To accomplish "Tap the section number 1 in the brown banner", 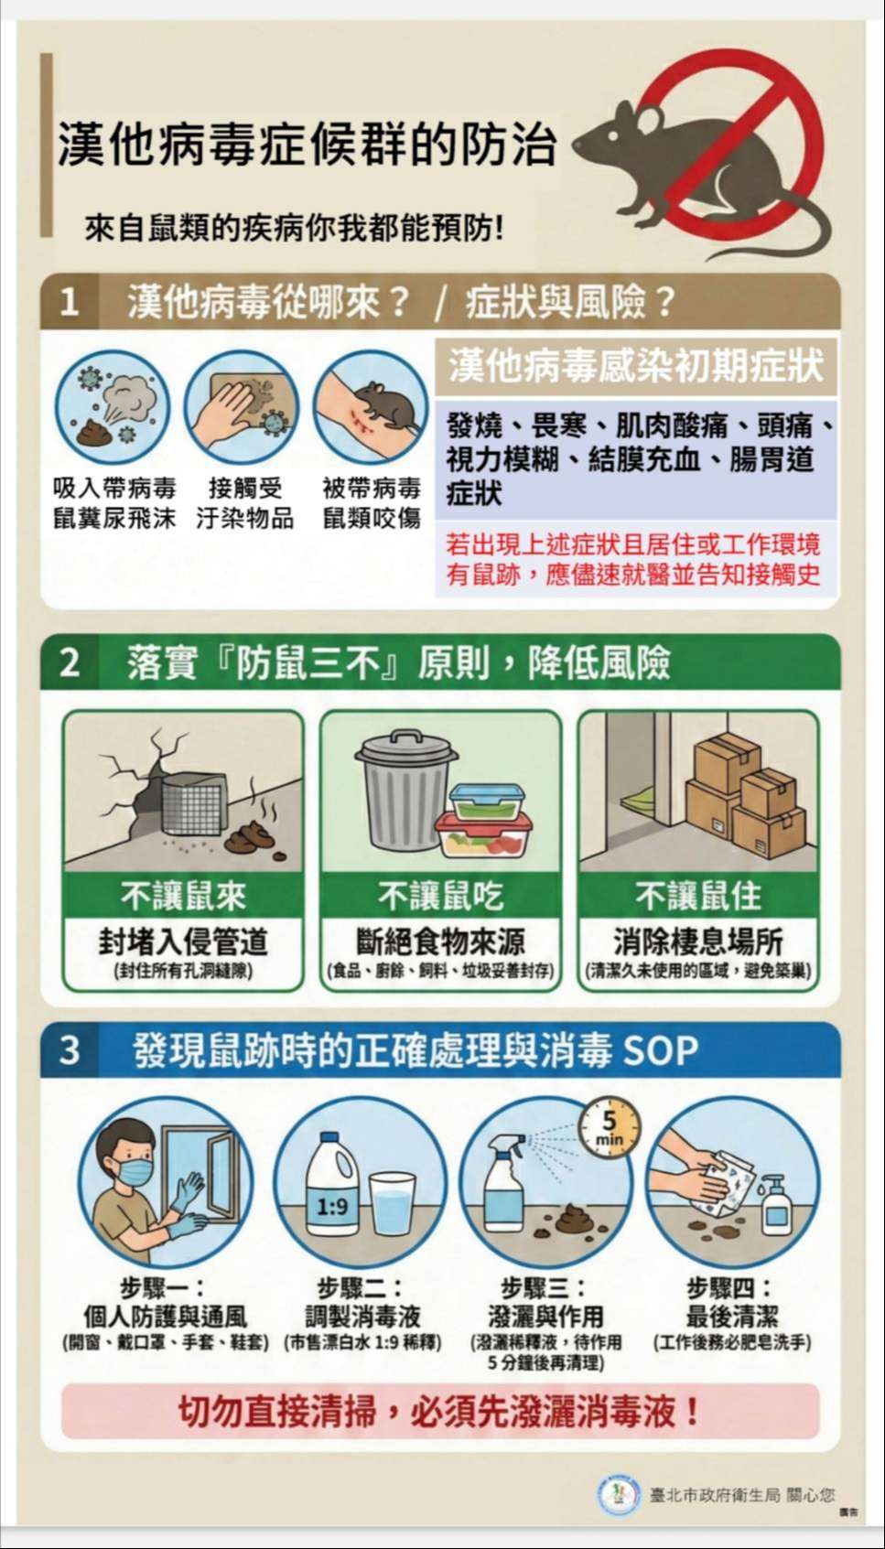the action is (70, 302).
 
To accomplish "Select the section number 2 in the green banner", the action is (70, 662).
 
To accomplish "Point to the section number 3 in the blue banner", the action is (70, 1049).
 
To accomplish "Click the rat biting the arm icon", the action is (371, 408).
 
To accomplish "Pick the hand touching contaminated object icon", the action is (242, 408).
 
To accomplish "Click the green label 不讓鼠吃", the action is (441, 897).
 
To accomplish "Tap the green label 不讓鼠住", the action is (699, 897).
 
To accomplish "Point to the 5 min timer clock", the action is (609, 1127).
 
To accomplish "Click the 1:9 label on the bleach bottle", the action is (332, 1207).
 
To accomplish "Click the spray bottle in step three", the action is (504, 1182).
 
